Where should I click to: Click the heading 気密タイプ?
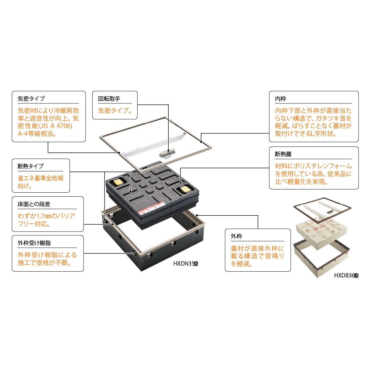31,99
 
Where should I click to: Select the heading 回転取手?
109,99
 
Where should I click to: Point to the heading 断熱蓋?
283,154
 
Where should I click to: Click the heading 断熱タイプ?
31,166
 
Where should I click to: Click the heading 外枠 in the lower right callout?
237,237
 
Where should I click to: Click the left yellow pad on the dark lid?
119,182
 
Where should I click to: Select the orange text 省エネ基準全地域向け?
40,181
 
